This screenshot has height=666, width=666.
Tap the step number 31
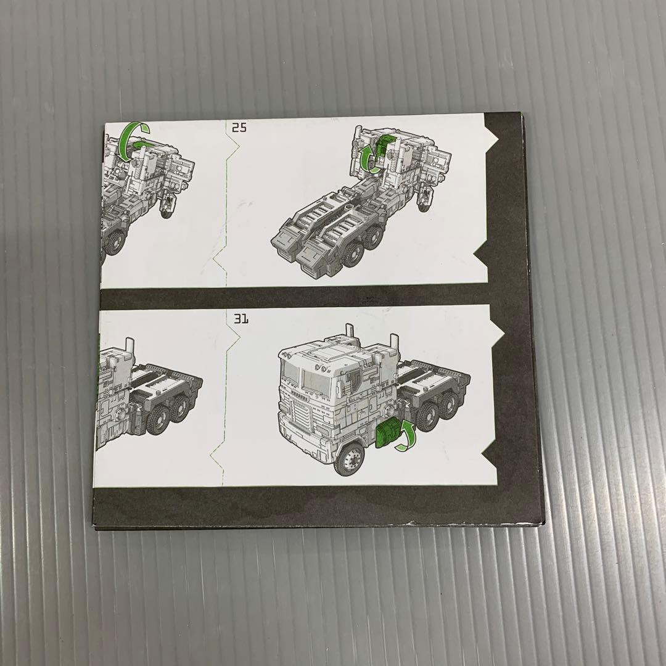pyautogui.click(x=241, y=319)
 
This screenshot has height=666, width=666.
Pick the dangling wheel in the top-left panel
pyautogui.click(x=165, y=205)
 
